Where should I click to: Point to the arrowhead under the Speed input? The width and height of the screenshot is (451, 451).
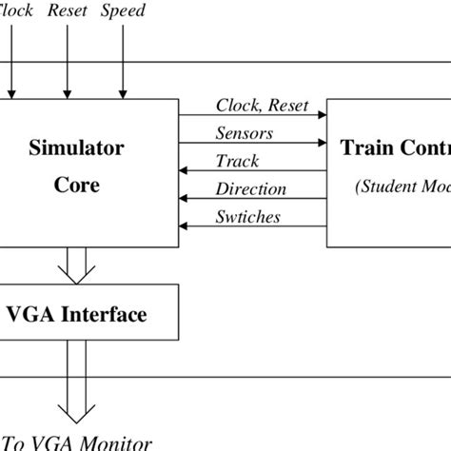(122, 92)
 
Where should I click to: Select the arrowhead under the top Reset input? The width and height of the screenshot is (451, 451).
(67, 92)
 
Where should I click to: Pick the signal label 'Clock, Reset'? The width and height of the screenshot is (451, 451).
(262, 106)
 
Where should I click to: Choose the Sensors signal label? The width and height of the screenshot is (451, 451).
(245, 133)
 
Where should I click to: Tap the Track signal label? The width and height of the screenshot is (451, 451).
(238, 161)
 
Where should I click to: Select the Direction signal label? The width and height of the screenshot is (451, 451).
(251, 188)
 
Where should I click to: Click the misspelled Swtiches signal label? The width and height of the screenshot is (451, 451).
(248, 217)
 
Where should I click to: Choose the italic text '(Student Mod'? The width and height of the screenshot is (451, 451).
(403, 186)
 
